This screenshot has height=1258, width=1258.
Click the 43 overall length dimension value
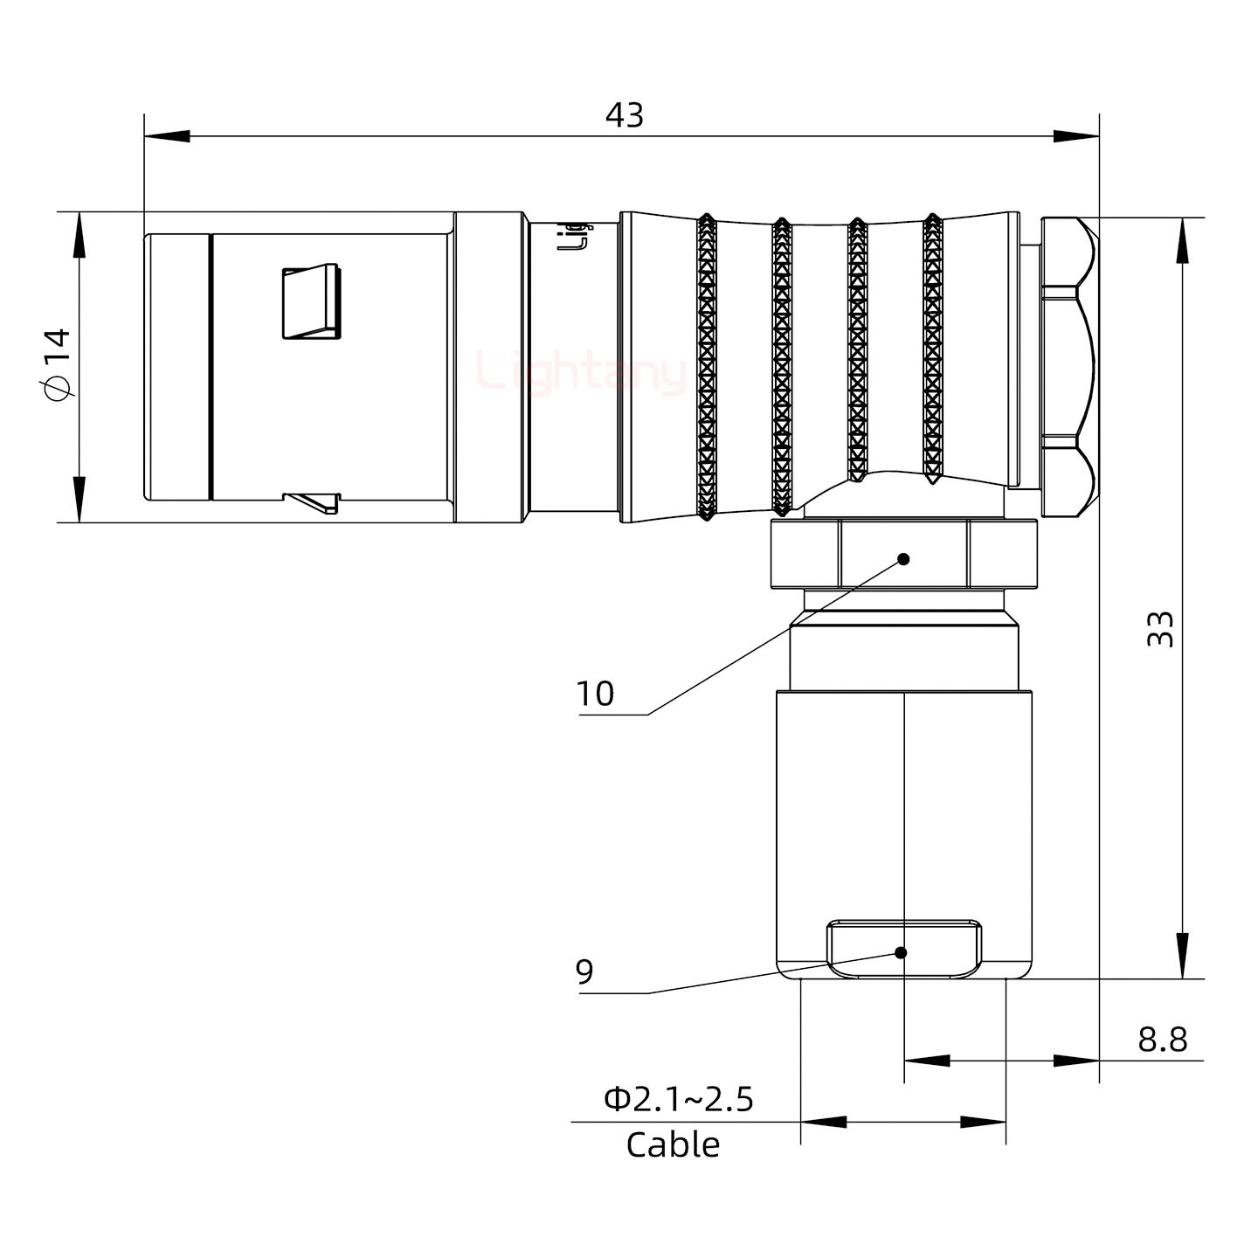[x=625, y=115]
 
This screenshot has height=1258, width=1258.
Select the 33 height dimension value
[x=1160, y=629]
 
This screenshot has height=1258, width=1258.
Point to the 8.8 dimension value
[x=1162, y=1040]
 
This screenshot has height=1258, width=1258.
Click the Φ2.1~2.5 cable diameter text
[x=678, y=1099]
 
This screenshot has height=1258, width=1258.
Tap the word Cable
[x=673, y=1144]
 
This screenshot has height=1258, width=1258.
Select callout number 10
[x=595, y=695]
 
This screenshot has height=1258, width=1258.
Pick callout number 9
[x=584, y=971]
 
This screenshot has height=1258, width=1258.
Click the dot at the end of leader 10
[x=904, y=559]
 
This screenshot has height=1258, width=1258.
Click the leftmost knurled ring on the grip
[x=706, y=367]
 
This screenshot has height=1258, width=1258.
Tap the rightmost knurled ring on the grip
[x=932, y=349]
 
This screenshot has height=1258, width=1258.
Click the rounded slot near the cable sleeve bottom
[x=904, y=949]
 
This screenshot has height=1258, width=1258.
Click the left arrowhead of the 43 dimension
[x=166, y=136]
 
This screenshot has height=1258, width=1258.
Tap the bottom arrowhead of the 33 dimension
[x=1182, y=957]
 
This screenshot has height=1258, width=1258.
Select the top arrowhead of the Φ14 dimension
[x=79, y=236]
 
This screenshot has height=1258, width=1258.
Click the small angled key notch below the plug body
[x=312, y=502]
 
